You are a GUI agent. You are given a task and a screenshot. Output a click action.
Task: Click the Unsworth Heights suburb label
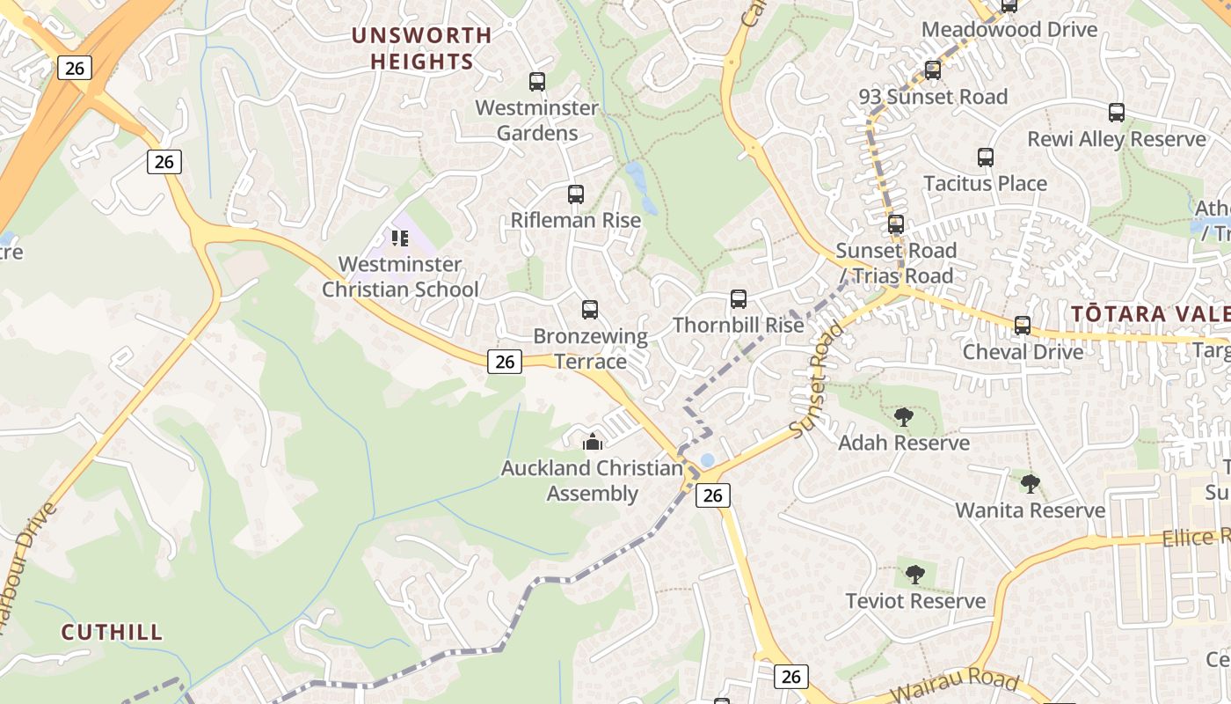point(422,48)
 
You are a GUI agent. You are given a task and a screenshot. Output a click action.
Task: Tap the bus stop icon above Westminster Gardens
point(537,82)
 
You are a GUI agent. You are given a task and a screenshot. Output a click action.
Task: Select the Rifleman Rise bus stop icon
point(576,194)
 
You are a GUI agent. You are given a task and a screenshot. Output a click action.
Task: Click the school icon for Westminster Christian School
point(400,238)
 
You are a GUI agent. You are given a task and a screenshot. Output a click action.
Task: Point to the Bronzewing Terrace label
point(591,348)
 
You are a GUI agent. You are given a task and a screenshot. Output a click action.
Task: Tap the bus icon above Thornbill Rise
point(739,299)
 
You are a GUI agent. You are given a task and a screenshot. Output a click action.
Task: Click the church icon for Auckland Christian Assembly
point(593,442)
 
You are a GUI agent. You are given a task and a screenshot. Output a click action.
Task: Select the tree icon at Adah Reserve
point(903,417)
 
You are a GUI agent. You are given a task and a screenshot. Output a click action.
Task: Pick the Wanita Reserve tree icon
point(1030,483)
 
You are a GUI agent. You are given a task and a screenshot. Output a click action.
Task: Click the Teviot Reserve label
point(915,601)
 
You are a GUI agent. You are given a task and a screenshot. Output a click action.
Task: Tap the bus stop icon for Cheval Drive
point(1023,326)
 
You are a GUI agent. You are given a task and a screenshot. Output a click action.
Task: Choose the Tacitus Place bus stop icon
point(986,158)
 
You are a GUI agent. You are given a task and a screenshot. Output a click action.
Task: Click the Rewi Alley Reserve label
point(1117,139)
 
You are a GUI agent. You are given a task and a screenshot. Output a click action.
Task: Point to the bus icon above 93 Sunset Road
point(933,70)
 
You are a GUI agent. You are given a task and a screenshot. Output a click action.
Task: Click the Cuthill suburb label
point(112,632)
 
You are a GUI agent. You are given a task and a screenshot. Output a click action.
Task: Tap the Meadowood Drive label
point(1009,29)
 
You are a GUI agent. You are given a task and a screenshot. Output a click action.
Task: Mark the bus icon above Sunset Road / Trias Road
point(896,224)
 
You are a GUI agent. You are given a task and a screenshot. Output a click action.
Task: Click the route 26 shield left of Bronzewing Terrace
point(505,361)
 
